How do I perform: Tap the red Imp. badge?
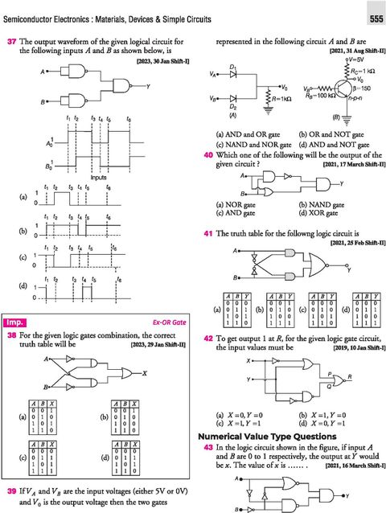(18, 321)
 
